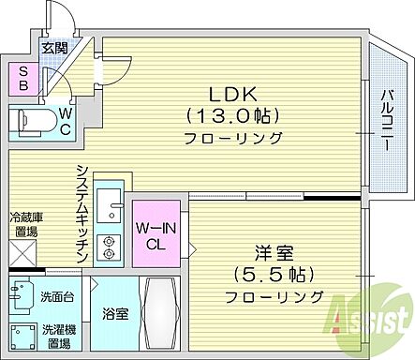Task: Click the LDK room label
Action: [x=233, y=94]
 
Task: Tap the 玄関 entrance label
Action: [x=55, y=48]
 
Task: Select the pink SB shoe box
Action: [x=23, y=79]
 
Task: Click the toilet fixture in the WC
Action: [x=33, y=122]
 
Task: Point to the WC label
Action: [x=66, y=122]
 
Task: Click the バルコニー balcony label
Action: [x=386, y=120]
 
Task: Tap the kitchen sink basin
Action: [x=109, y=205]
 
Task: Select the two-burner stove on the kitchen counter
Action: [x=109, y=247]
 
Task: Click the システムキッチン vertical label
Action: [x=82, y=214]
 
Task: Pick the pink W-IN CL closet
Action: [x=156, y=233]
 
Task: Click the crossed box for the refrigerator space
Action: [x=23, y=253]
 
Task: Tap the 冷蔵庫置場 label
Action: [x=26, y=224]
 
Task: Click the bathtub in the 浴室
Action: [x=160, y=313]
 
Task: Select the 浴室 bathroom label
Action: [x=116, y=314]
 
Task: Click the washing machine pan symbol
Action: [x=23, y=337]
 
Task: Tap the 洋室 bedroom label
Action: [x=274, y=253]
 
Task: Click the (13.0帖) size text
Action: [x=233, y=116]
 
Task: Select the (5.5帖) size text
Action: [x=274, y=275]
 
